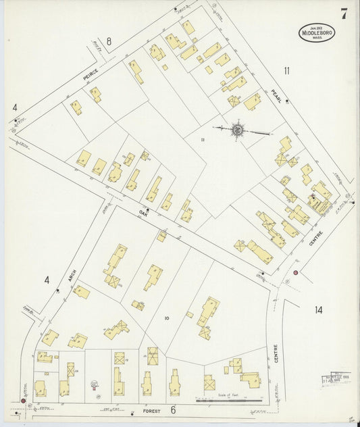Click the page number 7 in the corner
pyautogui.click(x=344, y=13)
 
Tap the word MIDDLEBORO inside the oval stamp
pyautogui.click(x=317, y=32)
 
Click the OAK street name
pyautogui.click(x=143, y=218)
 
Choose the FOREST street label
pyautogui.click(x=151, y=409)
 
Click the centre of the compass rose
pyautogui.click(x=238, y=129)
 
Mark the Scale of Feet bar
pyautogui.click(x=229, y=401)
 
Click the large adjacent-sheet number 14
pyautogui.click(x=318, y=310)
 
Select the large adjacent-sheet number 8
pyautogui.click(x=109, y=42)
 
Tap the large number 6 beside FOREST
pyautogui.click(x=173, y=409)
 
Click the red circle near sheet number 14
pyautogui.click(x=295, y=272)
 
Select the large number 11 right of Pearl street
pyautogui.click(x=287, y=70)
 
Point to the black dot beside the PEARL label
pyautogui.click(x=287, y=101)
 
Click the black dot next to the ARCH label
pyautogui.click(x=57, y=291)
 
